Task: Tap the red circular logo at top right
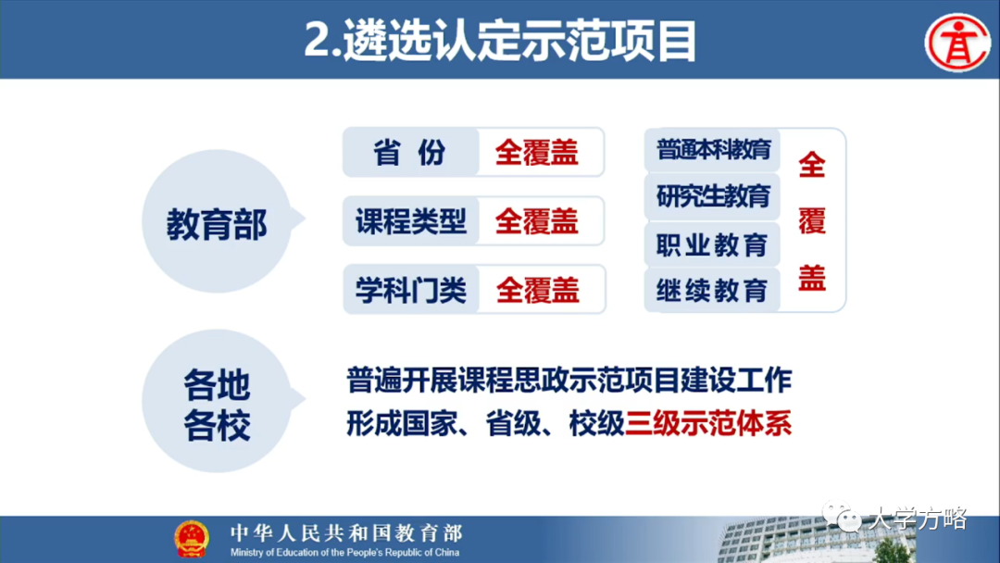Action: tap(957, 41)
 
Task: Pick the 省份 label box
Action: tap(410, 152)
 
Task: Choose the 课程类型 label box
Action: tap(410, 221)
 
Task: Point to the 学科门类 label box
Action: tap(410, 291)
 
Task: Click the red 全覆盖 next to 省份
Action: tap(537, 152)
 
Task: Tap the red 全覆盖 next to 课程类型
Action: tap(537, 221)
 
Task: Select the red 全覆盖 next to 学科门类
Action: tap(537, 291)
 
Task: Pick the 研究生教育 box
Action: tap(712, 196)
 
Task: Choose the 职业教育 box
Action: tap(712, 244)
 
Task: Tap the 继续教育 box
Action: tap(712, 291)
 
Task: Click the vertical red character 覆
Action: tap(811, 221)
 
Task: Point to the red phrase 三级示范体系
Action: tap(708, 424)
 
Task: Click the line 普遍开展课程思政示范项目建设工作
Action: tap(569, 380)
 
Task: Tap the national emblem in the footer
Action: tap(192, 538)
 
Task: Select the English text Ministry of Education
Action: tap(344, 553)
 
